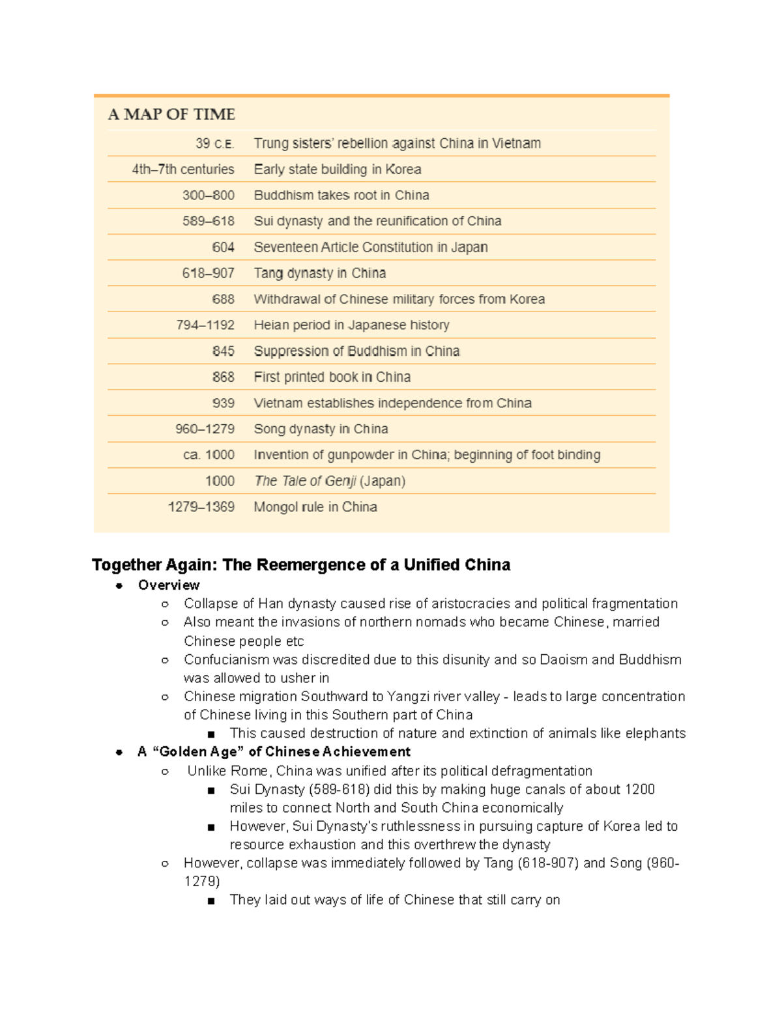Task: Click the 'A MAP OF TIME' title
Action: [171, 115]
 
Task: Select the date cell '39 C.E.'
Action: [214, 143]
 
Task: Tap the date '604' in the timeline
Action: [223, 248]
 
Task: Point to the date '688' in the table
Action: [223, 299]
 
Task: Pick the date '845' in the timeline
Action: [223, 351]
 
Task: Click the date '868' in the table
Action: [223, 377]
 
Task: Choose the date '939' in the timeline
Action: [223, 403]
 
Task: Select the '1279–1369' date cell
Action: [201, 507]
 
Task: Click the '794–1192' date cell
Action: [205, 325]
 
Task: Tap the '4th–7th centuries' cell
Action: [182, 169]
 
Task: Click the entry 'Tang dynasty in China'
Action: [319, 273]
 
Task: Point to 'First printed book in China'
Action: [332, 377]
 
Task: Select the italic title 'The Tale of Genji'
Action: [305, 481]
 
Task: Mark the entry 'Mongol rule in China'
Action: [315, 507]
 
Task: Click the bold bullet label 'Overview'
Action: [169, 585]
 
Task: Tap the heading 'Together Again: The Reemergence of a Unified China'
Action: [301, 565]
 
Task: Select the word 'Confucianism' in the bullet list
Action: [226, 660]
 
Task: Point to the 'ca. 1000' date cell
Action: [209, 455]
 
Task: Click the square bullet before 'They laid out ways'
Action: [211, 901]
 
